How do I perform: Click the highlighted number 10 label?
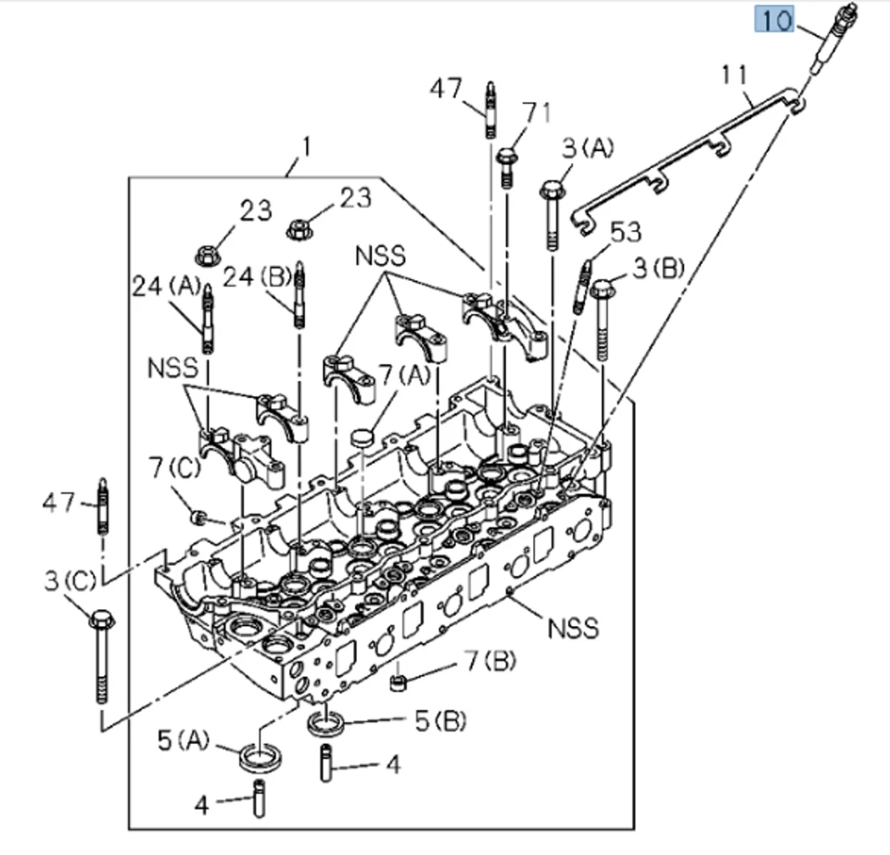(778, 19)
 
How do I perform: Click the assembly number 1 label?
(307, 147)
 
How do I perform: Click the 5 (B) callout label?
(439, 721)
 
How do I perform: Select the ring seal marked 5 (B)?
(326, 721)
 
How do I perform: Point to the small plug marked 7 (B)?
(400, 683)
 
